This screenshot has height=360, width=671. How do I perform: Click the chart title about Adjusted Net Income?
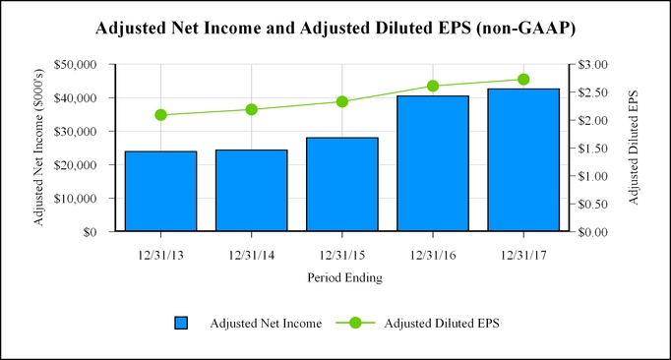[x=335, y=28]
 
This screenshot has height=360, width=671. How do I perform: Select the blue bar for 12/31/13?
[x=160, y=192]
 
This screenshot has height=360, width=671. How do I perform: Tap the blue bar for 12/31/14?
[x=251, y=191]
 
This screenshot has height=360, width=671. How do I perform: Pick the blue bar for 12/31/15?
[x=341, y=185]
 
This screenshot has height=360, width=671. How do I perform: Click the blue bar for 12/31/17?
[x=523, y=160]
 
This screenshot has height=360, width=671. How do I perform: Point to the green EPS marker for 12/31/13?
[x=160, y=115]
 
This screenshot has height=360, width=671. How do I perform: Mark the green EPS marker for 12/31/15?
[x=341, y=101]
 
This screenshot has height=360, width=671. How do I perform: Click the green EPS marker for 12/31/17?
[x=523, y=80]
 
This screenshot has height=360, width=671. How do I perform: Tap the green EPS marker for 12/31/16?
[x=433, y=86]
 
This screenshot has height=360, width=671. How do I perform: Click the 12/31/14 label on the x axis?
[x=251, y=254]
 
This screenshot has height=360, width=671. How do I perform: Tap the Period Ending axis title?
[x=341, y=277]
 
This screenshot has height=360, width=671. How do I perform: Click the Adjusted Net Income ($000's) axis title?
[x=39, y=149]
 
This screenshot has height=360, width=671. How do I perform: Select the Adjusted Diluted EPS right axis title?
[x=633, y=149]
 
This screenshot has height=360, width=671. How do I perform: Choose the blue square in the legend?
[x=181, y=323]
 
